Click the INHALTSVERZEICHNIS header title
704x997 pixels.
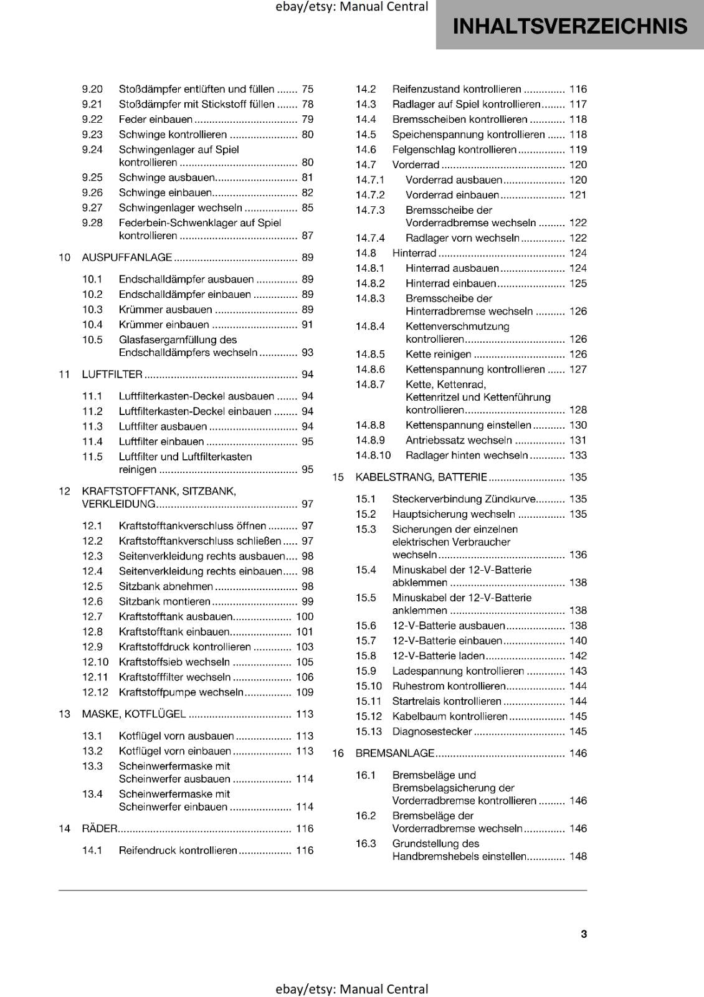pyautogui.click(x=570, y=26)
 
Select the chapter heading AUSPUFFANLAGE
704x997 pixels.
pyautogui.click(x=127, y=257)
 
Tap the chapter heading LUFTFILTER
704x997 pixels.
pyautogui.click(x=112, y=374)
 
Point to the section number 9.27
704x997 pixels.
pyautogui.click(x=92, y=208)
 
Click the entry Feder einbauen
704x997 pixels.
pyautogui.click(x=156, y=120)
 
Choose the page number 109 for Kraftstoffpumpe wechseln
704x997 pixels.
pyautogui.click(x=305, y=692)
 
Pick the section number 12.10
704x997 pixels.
pyautogui.click(x=95, y=662)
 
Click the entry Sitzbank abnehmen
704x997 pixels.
pyautogui.click(x=166, y=586)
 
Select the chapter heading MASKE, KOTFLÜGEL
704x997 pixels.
pyautogui.click(x=134, y=714)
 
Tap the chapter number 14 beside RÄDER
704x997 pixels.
pyautogui.click(x=65, y=829)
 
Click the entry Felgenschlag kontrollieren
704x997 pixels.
pyautogui.click(x=454, y=150)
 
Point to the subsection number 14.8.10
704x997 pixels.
pyautogui.click(x=373, y=456)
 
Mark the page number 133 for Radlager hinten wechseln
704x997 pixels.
pyautogui.click(x=578, y=456)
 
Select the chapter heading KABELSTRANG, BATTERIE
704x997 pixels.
pyautogui.click(x=421, y=477)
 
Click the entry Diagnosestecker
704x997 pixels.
pyautogui.click(x=432, y=732)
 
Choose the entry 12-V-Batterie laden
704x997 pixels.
pyautogui.click(x=438, y=656)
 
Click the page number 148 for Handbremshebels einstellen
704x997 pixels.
pyautogui.click(x=578, y=857)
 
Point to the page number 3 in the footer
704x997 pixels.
pyautogui.click(x=584, y=934)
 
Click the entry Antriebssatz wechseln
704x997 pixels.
pyautogui.click(x=459, y=441)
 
